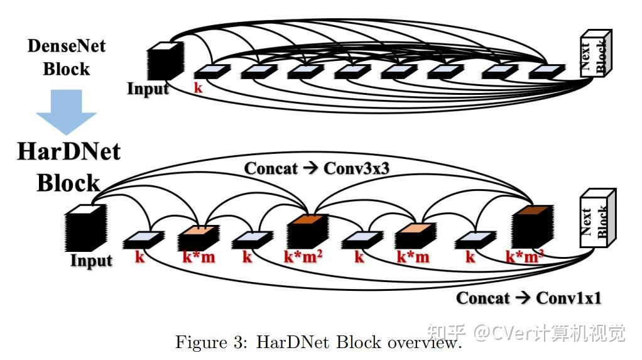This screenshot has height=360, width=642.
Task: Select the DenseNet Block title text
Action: point(66,57)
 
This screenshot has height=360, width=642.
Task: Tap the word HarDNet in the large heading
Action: point(68,151)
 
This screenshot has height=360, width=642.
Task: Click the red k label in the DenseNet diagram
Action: point(199,88)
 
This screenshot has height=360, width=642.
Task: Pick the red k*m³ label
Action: point(525,257)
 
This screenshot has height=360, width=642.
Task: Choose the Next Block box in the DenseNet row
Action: point(594,53)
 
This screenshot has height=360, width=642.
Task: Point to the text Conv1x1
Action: point(568,297)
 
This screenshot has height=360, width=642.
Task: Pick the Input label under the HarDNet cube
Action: point(91,260)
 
